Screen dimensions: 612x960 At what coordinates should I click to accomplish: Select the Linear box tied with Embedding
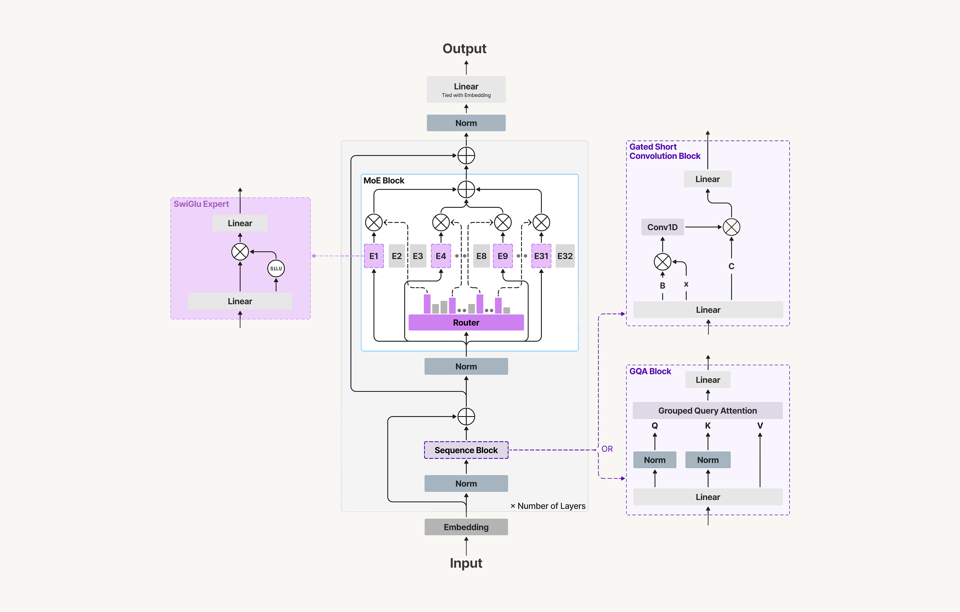[466, 89]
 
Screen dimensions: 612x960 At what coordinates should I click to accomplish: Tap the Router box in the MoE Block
[466, 322]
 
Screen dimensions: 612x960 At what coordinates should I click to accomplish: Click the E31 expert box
[541, 256]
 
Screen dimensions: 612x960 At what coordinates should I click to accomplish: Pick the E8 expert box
[481, 256]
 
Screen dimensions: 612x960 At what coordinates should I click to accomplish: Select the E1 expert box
[373, 256]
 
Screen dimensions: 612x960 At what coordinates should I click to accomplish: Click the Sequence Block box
[466, 450]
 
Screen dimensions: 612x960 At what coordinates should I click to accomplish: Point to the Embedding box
[466, 527]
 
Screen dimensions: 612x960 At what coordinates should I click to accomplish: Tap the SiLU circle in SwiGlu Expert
[276, 268]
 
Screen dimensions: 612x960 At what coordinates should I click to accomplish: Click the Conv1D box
[662, 227]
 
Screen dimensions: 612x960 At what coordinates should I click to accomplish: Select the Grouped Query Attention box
[707, 410]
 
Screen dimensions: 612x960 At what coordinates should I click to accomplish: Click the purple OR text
[607, 449]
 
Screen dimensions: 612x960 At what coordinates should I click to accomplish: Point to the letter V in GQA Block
[760, 425]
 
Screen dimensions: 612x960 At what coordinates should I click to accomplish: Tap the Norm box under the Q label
[654, 460]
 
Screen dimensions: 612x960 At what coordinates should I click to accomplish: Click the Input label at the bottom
[466, 563]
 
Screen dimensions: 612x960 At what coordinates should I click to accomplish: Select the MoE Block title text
[383, 180]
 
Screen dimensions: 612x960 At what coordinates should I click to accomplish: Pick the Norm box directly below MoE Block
[466, 366]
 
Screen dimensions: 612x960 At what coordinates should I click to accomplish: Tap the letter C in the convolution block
[731, 266]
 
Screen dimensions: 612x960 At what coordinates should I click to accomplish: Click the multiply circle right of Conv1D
[731, 227]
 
